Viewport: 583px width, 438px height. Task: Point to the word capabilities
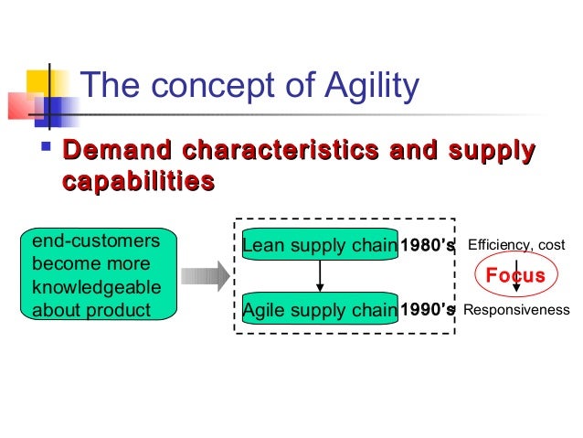tap(138, 181)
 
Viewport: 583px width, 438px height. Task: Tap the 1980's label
tap(428, 245)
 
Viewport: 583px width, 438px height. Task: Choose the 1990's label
tap(428, 310)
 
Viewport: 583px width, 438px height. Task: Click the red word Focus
tap(514, 276)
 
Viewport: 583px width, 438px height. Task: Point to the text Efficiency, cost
tap(515, 245)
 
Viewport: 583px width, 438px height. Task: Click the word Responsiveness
tap(516, 311)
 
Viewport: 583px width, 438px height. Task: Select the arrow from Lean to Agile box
tap(319, 277)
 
